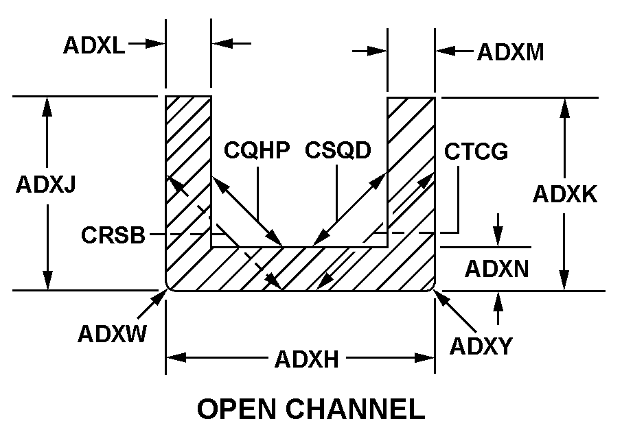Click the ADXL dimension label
tap(94, 45)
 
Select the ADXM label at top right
tap(510, 52)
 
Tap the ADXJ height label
tap(46, 186)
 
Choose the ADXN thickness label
tap(497, 269)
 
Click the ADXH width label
tap(306, 359)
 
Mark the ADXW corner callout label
tap(111, 334)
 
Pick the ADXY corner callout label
tap(481, 346)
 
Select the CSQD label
tap(338, 150)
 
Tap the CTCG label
tap(476, 151)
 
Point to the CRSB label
tap(113, 235)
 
